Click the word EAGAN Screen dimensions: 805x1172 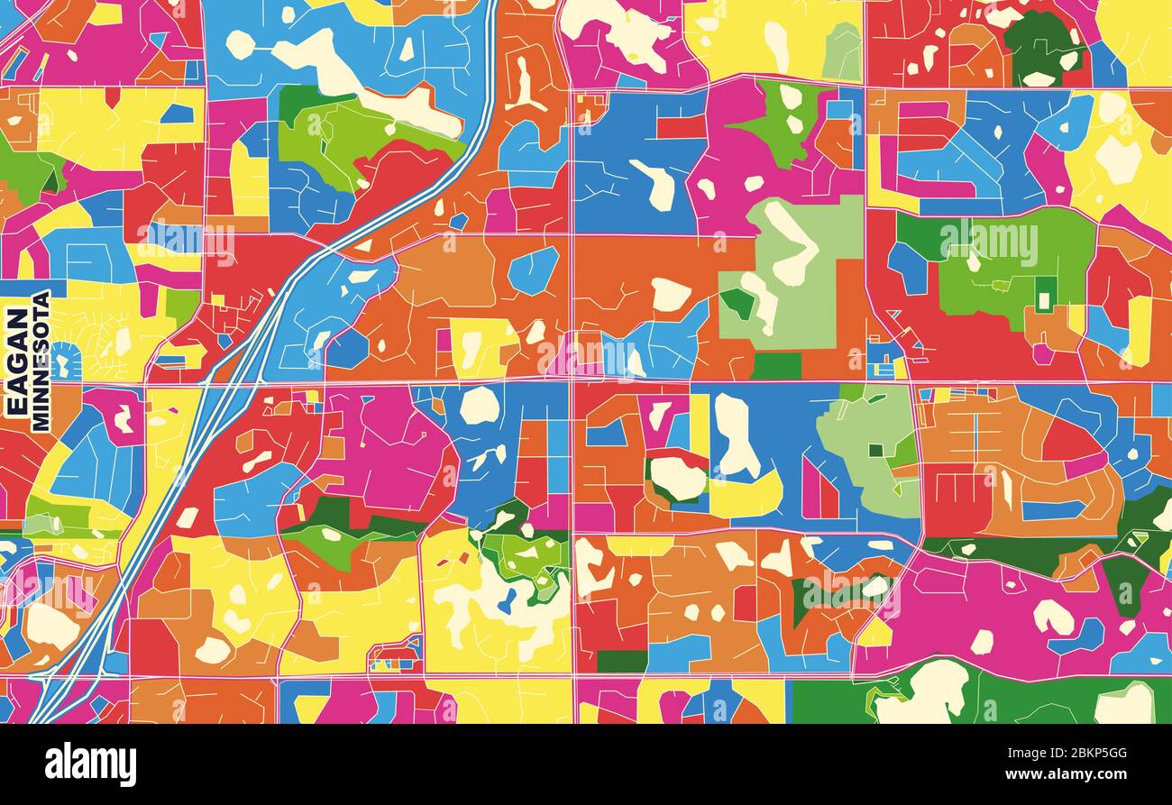point(17,361)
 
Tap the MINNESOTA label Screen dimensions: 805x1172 point(40,361)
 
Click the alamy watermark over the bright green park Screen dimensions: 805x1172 point(989,243)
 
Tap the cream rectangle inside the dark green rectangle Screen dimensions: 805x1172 point(1044,297)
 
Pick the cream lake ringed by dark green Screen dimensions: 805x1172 point(676,478)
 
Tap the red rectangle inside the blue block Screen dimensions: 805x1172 point(681,126)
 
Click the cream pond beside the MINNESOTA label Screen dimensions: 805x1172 point(62,363)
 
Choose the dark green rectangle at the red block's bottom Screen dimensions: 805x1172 point(622,661)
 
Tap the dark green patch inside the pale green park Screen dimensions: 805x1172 point(737,303)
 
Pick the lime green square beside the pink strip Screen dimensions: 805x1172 point(182,306)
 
